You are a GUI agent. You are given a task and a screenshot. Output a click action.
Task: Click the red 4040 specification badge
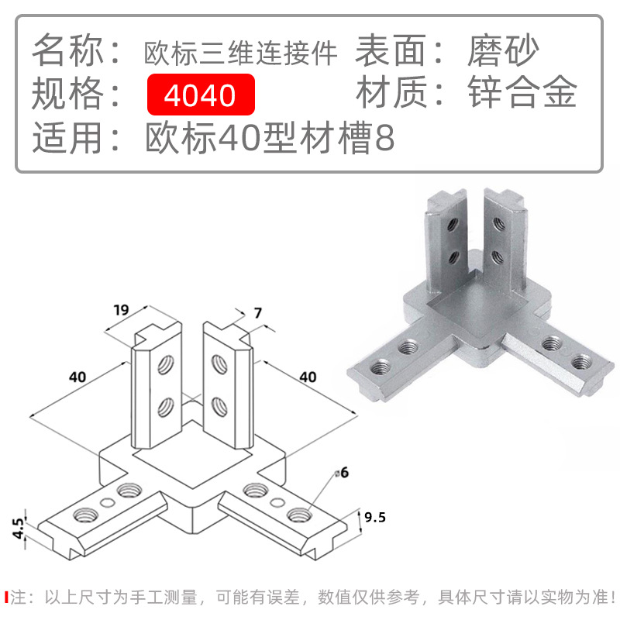(x=200, y=95)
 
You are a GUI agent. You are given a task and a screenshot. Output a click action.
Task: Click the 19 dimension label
(x=120, y=311)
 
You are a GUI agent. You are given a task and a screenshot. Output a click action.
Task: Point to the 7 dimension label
(x=258, y=313)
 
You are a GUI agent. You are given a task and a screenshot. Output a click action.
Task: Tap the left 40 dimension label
(x=77, y=377)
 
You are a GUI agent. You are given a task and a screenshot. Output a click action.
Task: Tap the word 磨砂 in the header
(x=503, y=52)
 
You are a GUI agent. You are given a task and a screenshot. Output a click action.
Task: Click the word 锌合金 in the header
(x=522, y=95)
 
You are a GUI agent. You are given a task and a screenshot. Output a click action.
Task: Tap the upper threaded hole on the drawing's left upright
(x=165, y=364)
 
